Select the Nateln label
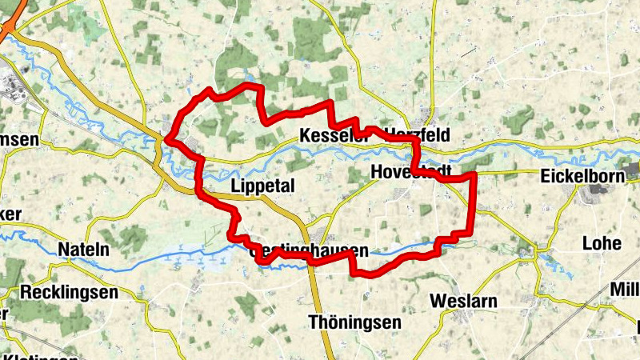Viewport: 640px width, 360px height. tap(83, 250)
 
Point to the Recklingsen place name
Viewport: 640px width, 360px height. tap(70, 292)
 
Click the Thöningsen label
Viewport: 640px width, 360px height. tap(354, 322)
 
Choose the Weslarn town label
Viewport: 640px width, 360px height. tap(463, 301)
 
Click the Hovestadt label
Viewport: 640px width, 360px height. tap(411, 171)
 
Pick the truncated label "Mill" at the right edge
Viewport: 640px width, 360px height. tap(624, 289)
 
